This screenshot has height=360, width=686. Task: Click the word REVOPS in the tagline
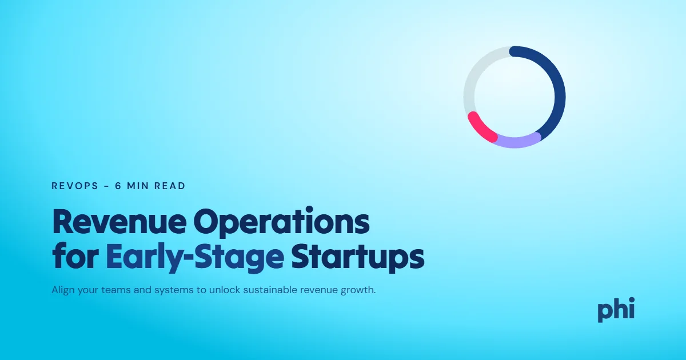point(75,186)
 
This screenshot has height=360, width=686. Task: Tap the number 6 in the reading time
point(118,186)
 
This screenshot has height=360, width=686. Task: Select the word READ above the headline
point(170,186)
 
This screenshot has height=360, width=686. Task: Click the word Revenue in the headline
point(119,222)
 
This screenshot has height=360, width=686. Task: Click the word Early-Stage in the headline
point(195,258)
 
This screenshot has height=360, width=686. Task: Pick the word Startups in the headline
point(358,258)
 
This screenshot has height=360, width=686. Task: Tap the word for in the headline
point(75,256)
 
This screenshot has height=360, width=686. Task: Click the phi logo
point(616,310)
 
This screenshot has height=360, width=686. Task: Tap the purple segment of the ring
point(516,142)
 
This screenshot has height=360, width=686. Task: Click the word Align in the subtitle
point(63,290)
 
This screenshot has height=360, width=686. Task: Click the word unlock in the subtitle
point(225,290)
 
